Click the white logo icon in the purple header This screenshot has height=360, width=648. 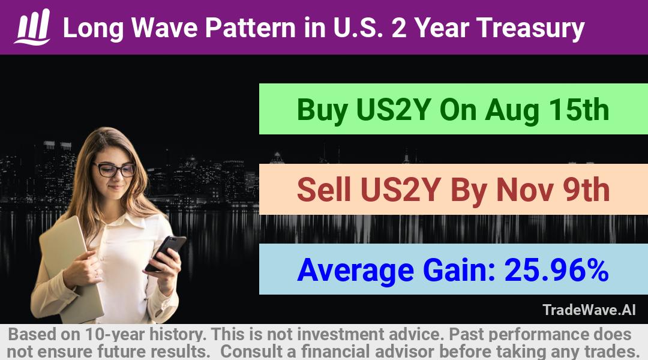32,27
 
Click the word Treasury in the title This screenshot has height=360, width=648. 530,28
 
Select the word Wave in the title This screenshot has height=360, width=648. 164,28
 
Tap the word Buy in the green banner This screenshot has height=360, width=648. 322,110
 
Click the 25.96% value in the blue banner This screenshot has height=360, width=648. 556,270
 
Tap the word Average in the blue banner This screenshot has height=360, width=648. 355,271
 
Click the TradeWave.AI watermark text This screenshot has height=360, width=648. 589,310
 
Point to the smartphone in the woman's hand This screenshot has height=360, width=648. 166,253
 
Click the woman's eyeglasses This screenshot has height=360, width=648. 114,169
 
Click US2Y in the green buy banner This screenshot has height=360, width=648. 394,110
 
